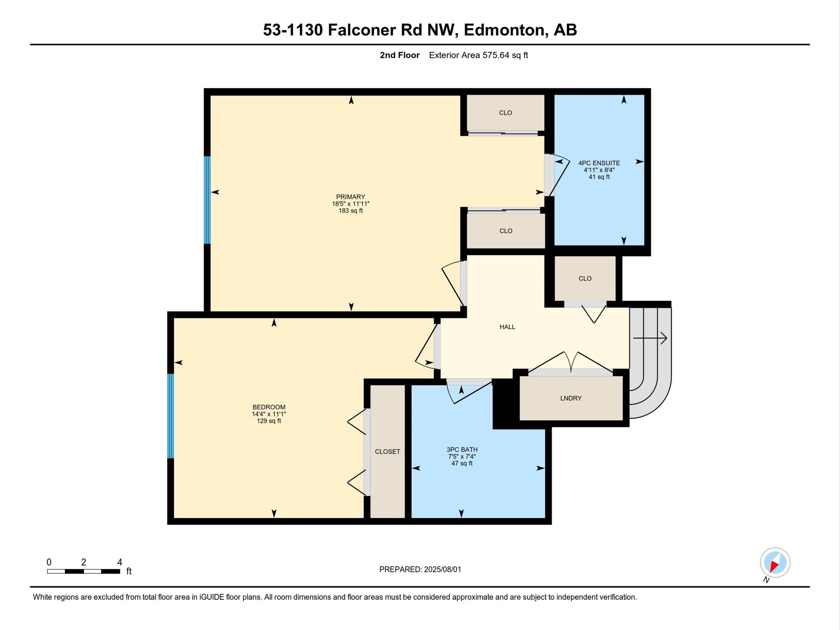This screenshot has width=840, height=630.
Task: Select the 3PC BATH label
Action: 462,449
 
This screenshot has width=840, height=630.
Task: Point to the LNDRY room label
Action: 571,398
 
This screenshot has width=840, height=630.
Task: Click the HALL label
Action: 507,326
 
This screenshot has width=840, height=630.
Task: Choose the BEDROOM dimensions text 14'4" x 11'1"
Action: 269,414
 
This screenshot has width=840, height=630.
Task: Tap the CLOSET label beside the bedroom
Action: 387,451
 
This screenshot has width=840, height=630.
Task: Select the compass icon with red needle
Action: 775,562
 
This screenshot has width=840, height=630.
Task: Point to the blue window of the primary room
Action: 207,200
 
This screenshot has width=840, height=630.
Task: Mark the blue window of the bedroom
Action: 171,416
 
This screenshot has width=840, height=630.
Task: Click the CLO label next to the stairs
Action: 585,278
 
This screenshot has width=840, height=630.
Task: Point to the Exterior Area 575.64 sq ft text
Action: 479,55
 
